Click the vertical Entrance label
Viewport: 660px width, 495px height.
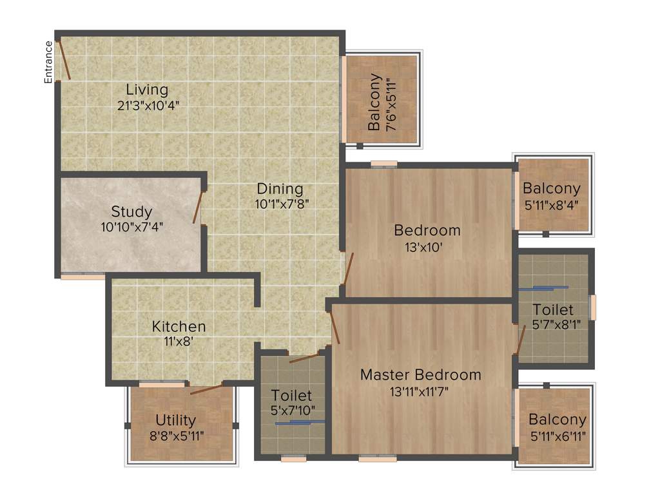(48, 62)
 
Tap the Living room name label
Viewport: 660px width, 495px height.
(147, 90)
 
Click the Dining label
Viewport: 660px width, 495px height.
(280, 189)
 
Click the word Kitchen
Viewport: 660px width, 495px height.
(179, 327)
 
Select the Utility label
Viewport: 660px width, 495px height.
(175, 422)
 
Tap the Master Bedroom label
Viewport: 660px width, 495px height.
(420, 374)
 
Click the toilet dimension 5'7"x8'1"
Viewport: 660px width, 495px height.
(552, 325)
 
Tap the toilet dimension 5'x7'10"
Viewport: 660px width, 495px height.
(293, 411)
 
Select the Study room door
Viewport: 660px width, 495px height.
(198, 208)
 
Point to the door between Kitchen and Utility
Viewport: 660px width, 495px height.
(207, 388)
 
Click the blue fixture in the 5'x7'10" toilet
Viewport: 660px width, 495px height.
(300, 423)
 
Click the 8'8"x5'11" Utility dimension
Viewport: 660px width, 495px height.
(176, 436)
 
